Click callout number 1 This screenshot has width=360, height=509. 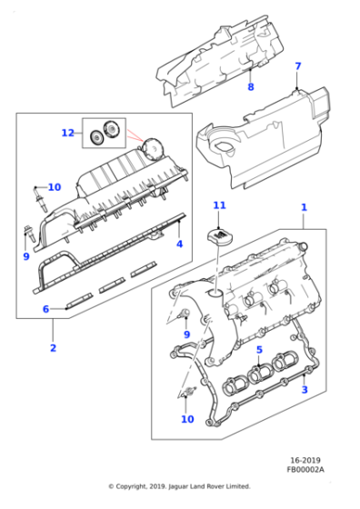point(305,208)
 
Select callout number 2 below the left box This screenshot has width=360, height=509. point(53,348)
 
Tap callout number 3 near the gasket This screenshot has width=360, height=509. point(305,389)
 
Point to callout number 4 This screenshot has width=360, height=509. point(179,244)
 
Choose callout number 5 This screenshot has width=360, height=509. point(258,350)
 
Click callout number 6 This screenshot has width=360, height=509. point(45,308)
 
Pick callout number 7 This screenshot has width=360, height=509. point(296,66)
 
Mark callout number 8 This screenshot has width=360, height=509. point(251,87)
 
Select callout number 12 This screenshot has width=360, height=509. point(67,133)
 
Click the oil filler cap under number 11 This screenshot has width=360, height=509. point(219,236)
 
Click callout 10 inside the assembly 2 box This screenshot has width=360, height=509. point(54,187)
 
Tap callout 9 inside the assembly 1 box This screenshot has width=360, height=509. point(185,334)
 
